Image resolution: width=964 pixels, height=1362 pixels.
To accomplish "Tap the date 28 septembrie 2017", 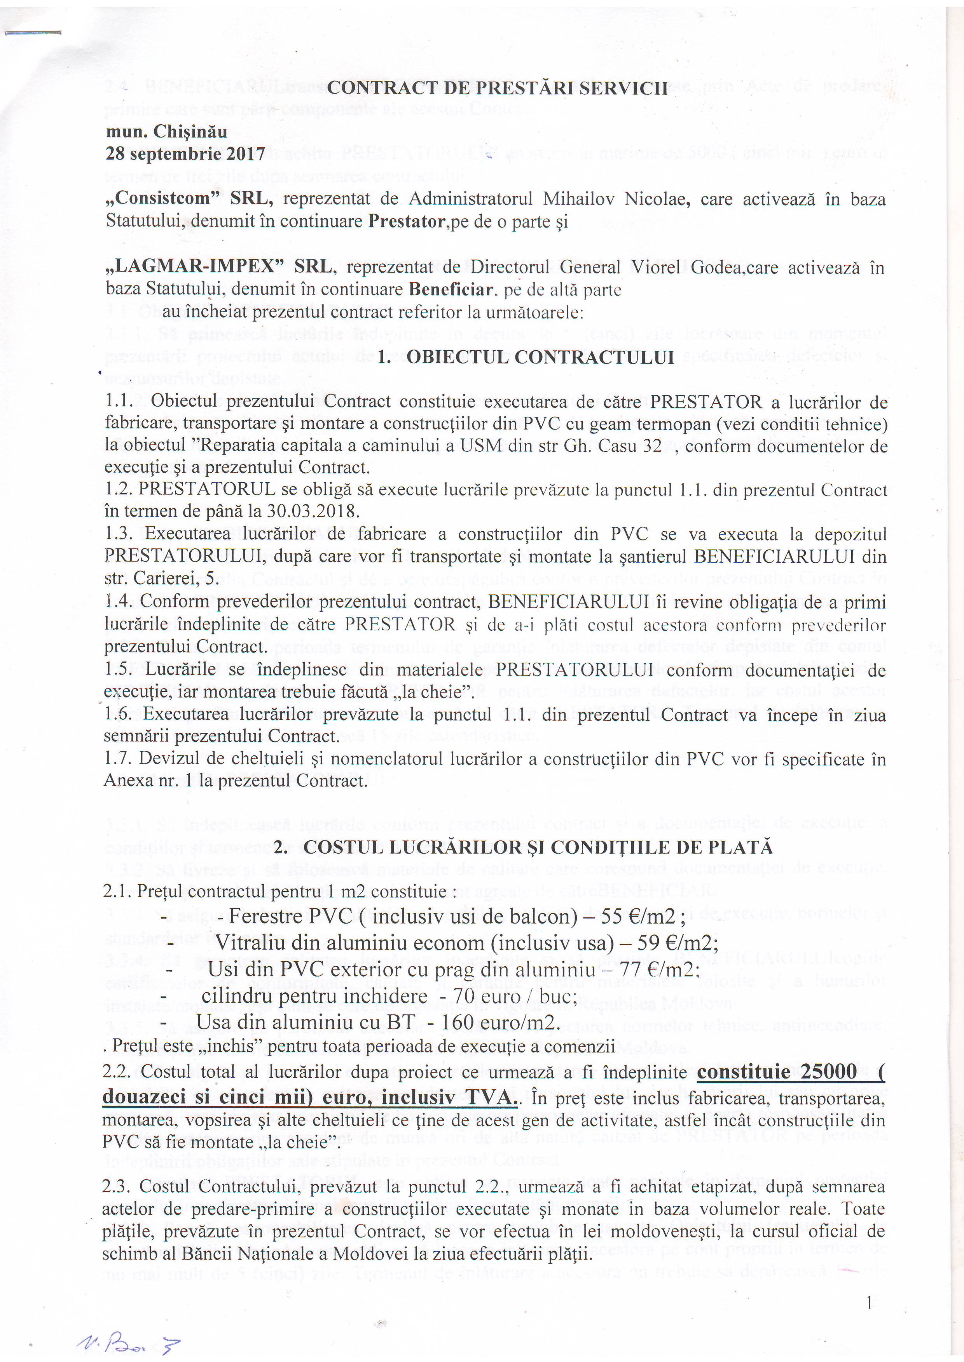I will click(x=185, y=154).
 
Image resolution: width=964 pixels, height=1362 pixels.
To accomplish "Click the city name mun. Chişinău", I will click(x=166, y=131).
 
